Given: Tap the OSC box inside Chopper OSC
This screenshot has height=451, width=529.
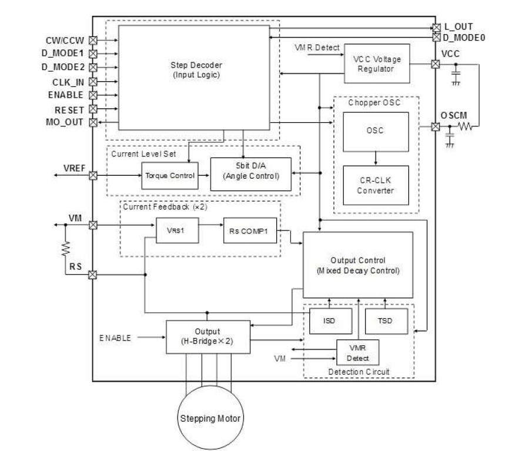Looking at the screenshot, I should (376, 131).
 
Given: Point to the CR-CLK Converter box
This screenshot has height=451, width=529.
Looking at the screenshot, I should (376, 185).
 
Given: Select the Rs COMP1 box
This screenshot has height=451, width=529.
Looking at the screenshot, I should (249, 231).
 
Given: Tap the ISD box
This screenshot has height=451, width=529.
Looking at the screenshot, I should (330, 322).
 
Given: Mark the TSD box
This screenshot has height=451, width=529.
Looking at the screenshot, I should (386, 322).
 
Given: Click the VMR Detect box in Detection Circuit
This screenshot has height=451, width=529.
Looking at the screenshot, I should (358, 353).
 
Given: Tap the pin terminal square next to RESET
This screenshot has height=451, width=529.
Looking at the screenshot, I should (92, 109).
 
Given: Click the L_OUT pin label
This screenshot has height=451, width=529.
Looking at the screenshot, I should (458, 27).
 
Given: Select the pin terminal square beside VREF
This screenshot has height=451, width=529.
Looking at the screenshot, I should (92, 175).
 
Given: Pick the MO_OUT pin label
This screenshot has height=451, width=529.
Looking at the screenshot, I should (65, 122).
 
